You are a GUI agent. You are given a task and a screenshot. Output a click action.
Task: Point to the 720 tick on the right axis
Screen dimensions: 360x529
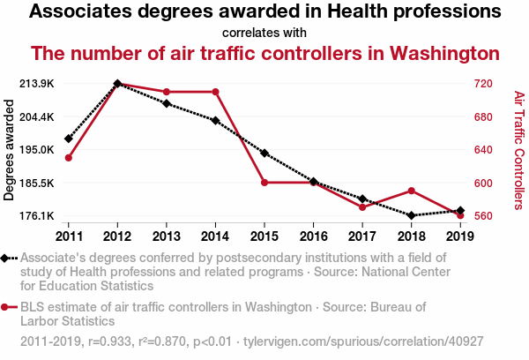click(481, 84)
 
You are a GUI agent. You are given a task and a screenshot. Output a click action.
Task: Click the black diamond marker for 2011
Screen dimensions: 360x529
click(68, 139)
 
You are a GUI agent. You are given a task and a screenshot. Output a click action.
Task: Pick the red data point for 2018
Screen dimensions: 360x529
click(412, 191)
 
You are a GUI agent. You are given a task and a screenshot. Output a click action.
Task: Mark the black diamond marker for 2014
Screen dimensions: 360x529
click(215, 120)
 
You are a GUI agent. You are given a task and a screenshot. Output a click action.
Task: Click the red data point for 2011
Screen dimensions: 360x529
click(68, 158)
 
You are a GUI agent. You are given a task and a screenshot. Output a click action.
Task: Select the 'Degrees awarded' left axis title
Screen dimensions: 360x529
click(10, 150)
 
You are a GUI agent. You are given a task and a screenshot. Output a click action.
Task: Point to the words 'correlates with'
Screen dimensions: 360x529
click(264, 32)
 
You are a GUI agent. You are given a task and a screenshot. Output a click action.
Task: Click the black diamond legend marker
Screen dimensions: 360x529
click(6, 258)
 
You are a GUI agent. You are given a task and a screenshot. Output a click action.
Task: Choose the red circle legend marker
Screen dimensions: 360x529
click(6, 307)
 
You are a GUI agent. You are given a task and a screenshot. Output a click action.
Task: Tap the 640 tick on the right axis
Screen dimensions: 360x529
click(481, 150)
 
